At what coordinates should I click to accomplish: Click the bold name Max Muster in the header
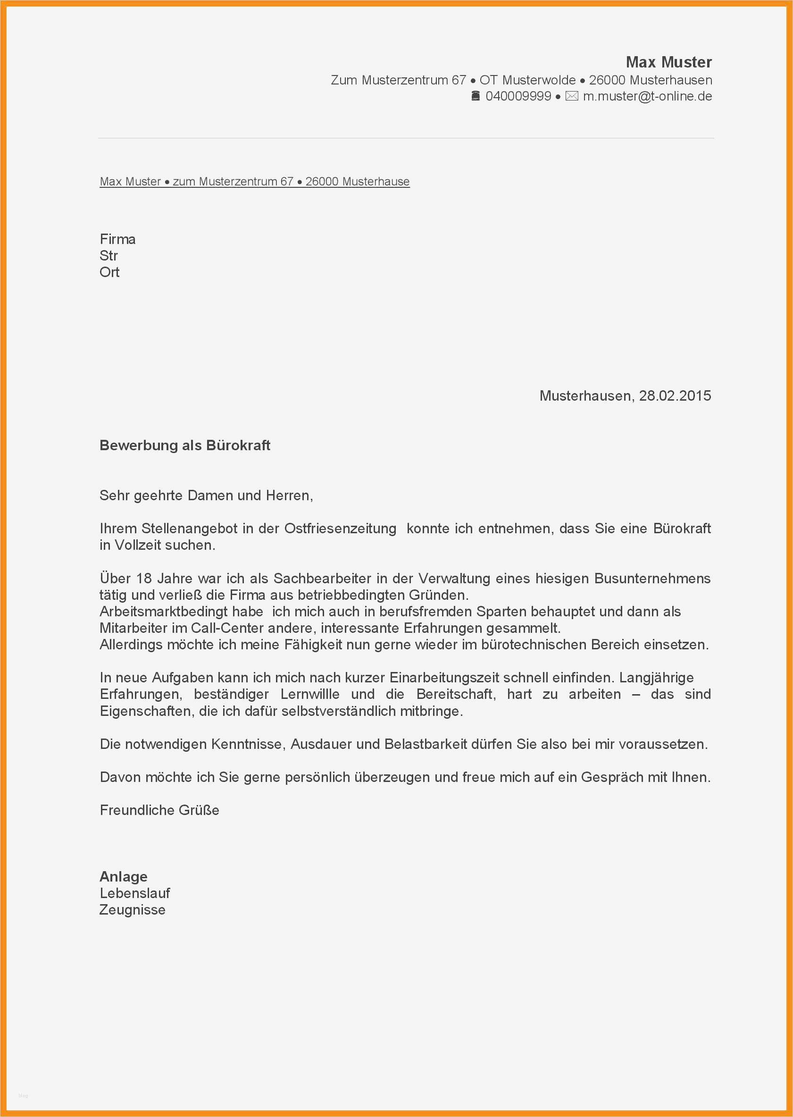[x=668, y=62]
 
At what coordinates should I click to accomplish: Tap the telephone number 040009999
[x=518, y=96]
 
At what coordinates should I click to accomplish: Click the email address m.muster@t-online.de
[x=647, y=96]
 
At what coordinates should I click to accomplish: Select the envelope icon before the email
[x=571, y=96]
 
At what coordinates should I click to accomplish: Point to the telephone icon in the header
[x=476, y=96]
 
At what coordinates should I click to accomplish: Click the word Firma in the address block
[x=117, y=239]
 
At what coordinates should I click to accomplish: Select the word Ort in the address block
[x=109, y=272]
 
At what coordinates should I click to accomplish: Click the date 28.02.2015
[x=675, y=395]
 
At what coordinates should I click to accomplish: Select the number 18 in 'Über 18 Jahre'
[x=144, y=578]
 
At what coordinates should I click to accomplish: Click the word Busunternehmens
[x=652, y=578]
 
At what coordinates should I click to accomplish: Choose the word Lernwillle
[x=309, y=694]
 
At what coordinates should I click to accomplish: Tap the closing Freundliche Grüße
[x=159, y=810]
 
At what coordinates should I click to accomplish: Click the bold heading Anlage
[x=124, y=877]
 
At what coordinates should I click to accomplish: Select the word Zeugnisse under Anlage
[x=133, y=910]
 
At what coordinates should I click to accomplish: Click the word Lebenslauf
[x=135, y=893]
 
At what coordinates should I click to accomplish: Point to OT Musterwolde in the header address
[x=527, y=80]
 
